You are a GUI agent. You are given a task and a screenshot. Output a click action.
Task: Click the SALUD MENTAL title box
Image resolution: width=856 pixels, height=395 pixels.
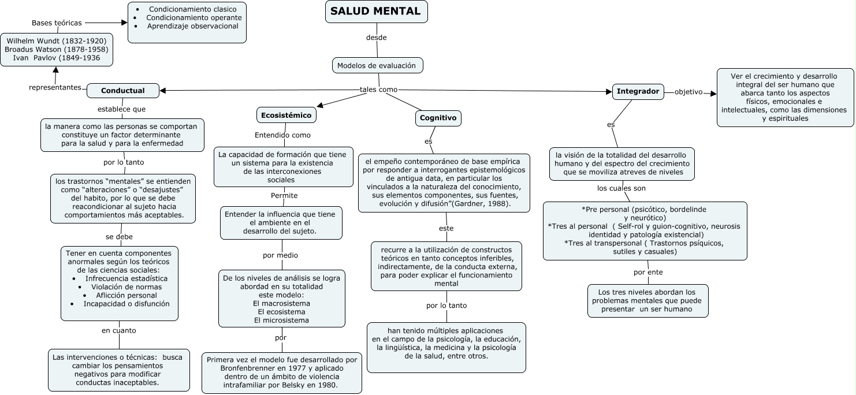pyautogui.click(x=377, y=12)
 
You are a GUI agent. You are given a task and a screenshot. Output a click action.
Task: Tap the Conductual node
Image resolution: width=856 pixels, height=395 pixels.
pyautogui.click(x=123, y=91)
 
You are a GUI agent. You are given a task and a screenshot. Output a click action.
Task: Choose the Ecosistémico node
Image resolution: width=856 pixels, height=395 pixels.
pyautogui.click(x=286, y=115)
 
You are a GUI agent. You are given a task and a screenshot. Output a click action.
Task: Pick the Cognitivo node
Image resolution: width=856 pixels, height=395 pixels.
pyautogui.click(x=438, y=118)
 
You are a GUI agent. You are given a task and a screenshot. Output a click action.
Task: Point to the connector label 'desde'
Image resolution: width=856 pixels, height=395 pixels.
pyautogui.click(x=376, y=38)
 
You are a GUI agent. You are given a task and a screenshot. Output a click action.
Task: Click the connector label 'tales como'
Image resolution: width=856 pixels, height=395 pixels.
pyautogui.click(x=378, y=90)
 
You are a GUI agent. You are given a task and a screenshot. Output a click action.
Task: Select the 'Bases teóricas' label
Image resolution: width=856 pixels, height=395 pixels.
pyautogui.click(x=57, y=23)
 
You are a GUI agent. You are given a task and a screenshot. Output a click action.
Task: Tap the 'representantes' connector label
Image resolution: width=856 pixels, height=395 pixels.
pyautogui.click(x=55, y=87)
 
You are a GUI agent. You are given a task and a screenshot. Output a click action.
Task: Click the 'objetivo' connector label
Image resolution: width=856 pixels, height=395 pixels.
pyautogui.click(x=688, y=92)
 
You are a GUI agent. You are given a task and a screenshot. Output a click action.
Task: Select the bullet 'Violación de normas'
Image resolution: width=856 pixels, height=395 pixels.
pyautogui.click(x=126, y=286)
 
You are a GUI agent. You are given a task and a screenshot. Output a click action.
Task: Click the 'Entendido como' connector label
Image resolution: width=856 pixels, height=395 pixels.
pyautogui.click(x=282, y=135)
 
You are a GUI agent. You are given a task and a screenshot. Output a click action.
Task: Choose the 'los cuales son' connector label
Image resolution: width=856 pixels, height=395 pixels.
pyautogui.click(x=621, y=188)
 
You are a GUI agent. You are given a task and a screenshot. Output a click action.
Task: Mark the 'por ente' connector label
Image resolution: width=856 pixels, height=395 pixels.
pyautogui.click(x=648, y=272)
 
